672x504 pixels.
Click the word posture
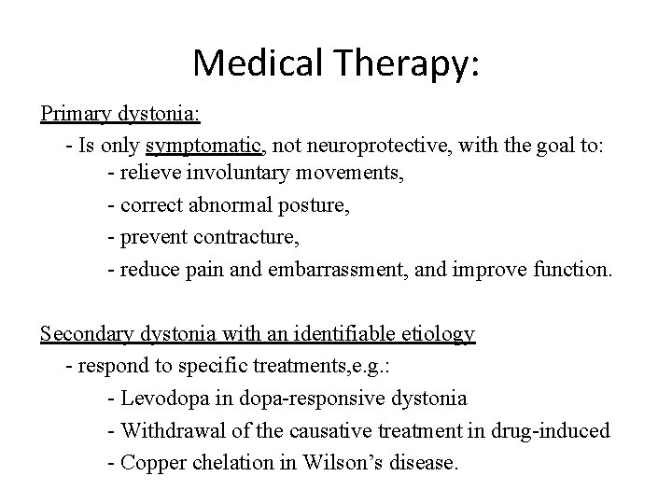click(315, 207)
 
